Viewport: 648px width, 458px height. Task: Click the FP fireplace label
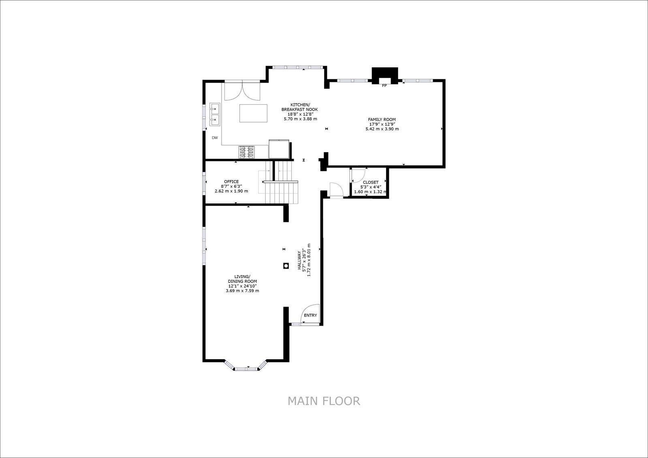384,85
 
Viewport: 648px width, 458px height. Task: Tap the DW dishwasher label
215,138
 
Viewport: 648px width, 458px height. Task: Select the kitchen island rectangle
253,113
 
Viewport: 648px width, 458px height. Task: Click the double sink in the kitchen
215,114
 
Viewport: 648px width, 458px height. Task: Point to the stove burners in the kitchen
247,152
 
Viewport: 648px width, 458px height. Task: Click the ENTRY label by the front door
310,315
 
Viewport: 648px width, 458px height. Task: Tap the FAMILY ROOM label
382,119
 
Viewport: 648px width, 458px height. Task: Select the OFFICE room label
231,182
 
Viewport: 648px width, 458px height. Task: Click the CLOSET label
371,182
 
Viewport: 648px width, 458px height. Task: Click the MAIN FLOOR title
324,401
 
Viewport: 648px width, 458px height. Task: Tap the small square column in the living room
286,266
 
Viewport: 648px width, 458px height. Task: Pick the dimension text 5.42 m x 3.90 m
382,129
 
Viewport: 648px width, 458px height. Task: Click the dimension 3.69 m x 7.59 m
243,290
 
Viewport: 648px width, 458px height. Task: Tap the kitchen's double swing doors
243,91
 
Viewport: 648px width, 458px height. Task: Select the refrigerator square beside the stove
279,149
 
